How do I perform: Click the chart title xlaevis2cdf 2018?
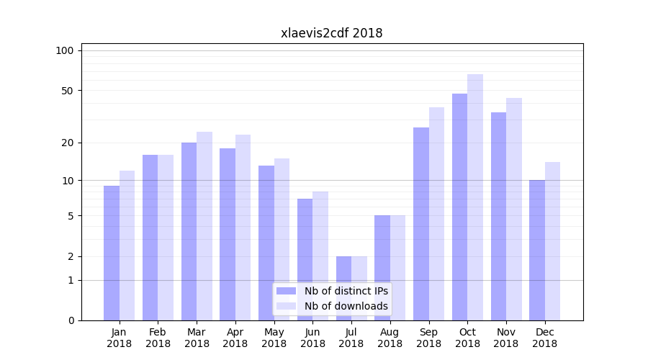[x=331, y=33]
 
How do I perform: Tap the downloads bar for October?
[x=475, y=197]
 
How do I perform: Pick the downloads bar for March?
[x=204, y=226]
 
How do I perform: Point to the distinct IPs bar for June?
[x=305, y=260]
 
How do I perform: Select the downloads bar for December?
[x=552, y=241]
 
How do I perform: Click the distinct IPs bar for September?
[x=421, y=224]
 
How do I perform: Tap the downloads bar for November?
[x=514, y=210]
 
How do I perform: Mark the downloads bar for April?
[x=243, y=228]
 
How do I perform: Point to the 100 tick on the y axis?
[x=65, y=50]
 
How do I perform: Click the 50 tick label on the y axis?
[x=67, y=91]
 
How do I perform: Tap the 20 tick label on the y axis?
[x=67, y=143]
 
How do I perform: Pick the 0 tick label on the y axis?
[x=71, y=320]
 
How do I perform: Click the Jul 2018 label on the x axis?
[x=351, y=338]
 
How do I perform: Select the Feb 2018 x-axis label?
[x=158, y=338]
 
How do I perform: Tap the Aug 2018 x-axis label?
[x=390, y=338]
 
